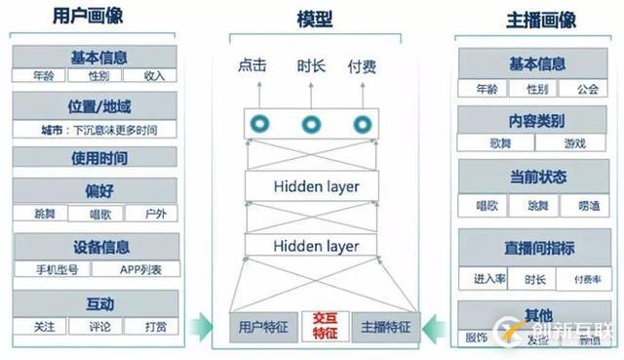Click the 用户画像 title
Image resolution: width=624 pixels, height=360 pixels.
94,19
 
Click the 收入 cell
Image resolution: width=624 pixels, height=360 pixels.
152,75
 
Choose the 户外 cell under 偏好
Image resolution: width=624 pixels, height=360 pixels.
152,212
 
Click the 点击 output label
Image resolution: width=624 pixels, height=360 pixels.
252,66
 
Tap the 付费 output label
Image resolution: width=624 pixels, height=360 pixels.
362,66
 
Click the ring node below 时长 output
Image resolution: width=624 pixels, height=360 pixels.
312,124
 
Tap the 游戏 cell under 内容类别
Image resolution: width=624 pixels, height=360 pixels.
575,143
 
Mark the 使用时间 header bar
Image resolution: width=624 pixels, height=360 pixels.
96,158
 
